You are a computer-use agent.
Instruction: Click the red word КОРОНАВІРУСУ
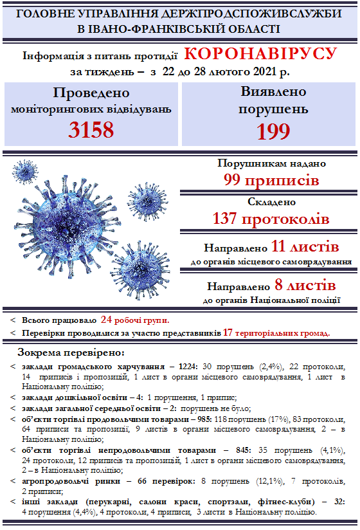(260, 54)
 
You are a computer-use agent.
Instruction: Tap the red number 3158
(91, 130)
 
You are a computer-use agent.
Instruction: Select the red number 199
(273, 131)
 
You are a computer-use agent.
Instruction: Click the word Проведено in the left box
(91, 93)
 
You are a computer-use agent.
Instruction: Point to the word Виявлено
(273, 91)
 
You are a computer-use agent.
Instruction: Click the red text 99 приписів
(271, 180)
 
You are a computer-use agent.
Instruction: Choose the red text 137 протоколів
(271, 218)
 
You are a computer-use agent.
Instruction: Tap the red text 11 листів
(305, 246)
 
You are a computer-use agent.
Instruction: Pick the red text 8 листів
(305, 285)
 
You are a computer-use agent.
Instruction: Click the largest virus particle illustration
(67, 224)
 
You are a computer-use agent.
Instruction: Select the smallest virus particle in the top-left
(24, 172)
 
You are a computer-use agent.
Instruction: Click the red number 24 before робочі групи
(106, 320)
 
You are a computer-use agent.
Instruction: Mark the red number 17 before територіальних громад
(228, 333)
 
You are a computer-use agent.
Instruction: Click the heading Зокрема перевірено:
(71, 352)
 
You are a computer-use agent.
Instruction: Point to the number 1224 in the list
(188, 367)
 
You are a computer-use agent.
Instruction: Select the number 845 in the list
(243, 450)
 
